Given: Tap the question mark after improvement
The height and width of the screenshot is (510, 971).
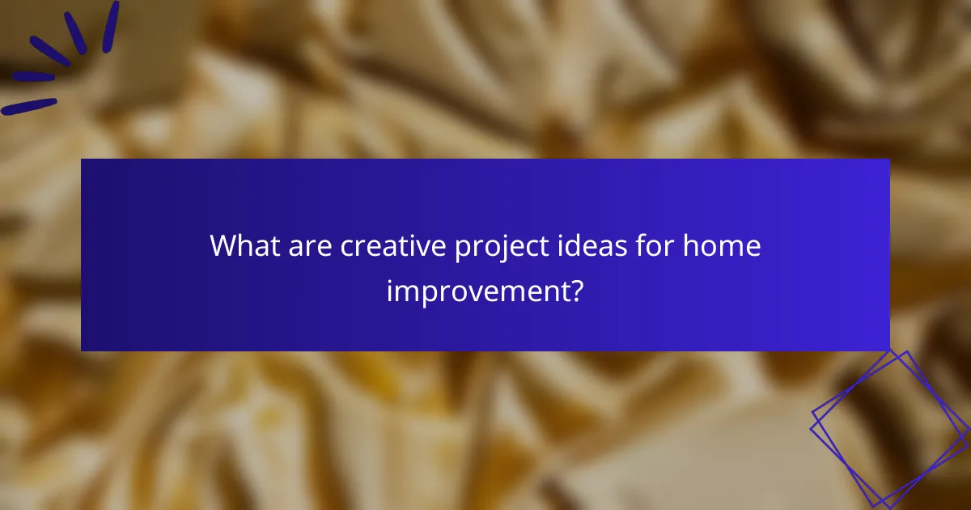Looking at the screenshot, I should click(575, 290).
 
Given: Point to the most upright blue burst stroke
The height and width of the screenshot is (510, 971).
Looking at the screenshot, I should click(110, 28).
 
